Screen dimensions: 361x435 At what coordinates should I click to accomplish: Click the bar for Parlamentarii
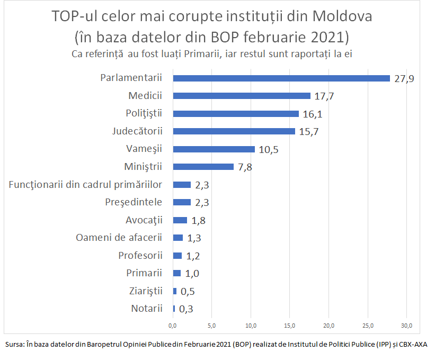tap(281, 78)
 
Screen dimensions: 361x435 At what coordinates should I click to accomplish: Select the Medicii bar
tap(242, 96)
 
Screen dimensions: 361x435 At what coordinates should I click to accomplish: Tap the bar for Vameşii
tap(214, 149)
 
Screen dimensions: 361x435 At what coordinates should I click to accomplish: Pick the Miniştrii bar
tap(203, 167)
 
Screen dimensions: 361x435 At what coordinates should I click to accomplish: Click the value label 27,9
tap(404, 78)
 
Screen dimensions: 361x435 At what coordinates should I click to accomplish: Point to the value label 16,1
tap(312, 114)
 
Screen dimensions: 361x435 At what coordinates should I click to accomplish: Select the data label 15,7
tap(308, 131)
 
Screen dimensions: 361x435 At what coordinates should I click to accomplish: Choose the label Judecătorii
tap(137, 131)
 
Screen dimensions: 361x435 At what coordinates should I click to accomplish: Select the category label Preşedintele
tap(133, 202)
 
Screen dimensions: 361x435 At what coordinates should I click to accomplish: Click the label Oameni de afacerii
tap(119, 237)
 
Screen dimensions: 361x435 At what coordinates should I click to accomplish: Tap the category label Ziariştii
tap(146, 291)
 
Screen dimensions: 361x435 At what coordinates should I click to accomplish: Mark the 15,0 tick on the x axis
tap(290, 324)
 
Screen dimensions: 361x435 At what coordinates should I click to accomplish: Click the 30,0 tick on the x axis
tap(407, 324)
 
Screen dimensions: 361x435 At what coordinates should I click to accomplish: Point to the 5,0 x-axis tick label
tap(212, 324)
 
